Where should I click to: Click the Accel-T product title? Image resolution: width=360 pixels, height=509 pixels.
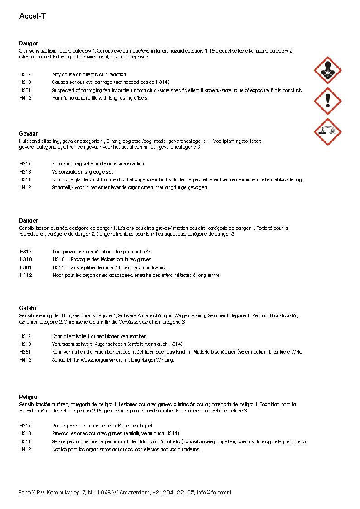coord(33,16)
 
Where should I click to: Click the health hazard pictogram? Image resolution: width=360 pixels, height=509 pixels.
coord(327,70)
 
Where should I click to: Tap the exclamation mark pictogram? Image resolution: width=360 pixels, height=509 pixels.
coord(327,101)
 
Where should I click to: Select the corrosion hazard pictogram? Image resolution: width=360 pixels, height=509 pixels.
coord(327,132)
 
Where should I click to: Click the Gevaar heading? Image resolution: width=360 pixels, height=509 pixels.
coord(29,134)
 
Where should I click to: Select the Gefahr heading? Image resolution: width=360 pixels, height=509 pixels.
coord(28,308)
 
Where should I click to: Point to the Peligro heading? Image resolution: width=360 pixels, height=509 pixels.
coord(29,397)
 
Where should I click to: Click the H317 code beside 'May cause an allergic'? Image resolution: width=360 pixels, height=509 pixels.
coord(25,74)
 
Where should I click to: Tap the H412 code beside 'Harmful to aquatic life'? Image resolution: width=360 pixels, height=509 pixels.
coord(25,98)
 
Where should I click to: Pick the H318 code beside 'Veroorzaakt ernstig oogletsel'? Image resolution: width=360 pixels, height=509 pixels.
coord(25,172)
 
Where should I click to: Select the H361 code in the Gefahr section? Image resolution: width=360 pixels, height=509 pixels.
coord(25,352)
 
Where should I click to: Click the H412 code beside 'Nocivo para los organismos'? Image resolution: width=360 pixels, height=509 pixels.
coord(25,449)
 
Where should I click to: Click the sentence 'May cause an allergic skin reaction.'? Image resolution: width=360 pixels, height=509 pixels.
coord(89,74)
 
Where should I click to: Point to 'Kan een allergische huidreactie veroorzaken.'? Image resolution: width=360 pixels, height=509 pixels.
coord(98,164)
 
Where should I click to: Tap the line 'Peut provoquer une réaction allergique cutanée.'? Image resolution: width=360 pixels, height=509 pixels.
coord(102,252)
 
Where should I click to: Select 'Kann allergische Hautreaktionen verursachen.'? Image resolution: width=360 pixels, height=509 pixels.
coord(99,336)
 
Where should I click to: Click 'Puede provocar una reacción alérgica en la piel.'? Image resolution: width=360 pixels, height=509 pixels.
coord(102,426)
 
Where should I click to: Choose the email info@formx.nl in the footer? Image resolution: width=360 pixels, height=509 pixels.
coord(214,493)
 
